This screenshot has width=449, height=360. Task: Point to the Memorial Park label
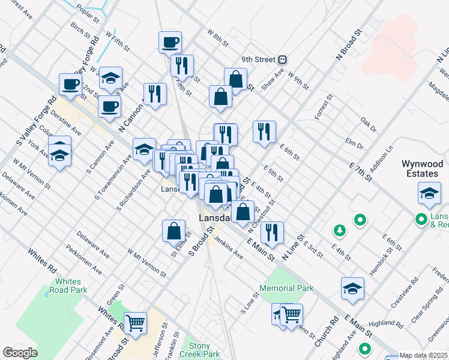pos(287,288)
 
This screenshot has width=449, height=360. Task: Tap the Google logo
pos(20,353)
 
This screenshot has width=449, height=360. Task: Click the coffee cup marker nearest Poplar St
pos(170,43)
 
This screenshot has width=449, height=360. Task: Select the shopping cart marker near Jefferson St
pos(136,323)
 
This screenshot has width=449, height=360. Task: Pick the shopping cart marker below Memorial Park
pos(291,314)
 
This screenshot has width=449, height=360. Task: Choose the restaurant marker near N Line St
pos(272,232)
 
